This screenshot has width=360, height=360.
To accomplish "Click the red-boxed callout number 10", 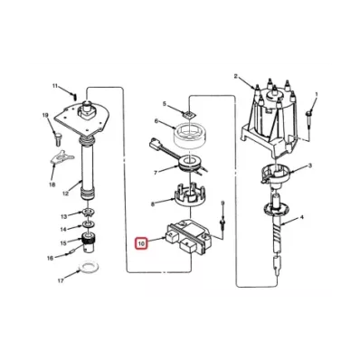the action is [x=141, y=243].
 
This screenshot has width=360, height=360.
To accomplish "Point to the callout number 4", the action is [x=301, y=217].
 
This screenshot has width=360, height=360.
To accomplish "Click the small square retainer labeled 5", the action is [x=189, y=114].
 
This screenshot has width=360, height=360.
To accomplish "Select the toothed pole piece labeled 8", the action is [x=190, y=197].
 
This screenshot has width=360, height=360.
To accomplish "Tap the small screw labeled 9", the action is [x=223, y=223].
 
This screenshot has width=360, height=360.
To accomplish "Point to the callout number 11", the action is [x=55, y=86].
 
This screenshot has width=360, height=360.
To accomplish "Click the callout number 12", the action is [x=66, y=193].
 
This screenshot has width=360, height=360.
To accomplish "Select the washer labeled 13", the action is [x=88, y=212].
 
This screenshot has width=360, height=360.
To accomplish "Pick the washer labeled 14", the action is [x=88, y=224].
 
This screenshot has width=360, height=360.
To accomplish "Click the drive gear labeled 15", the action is [x=89, y=243].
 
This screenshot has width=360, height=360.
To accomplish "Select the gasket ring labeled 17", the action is [x=88, y=267].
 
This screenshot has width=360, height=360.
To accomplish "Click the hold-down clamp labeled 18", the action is [x=62, y=157].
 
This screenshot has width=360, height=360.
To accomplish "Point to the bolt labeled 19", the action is [x=57, y=138].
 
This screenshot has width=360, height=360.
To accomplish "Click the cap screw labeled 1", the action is [x=309, y=119].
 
